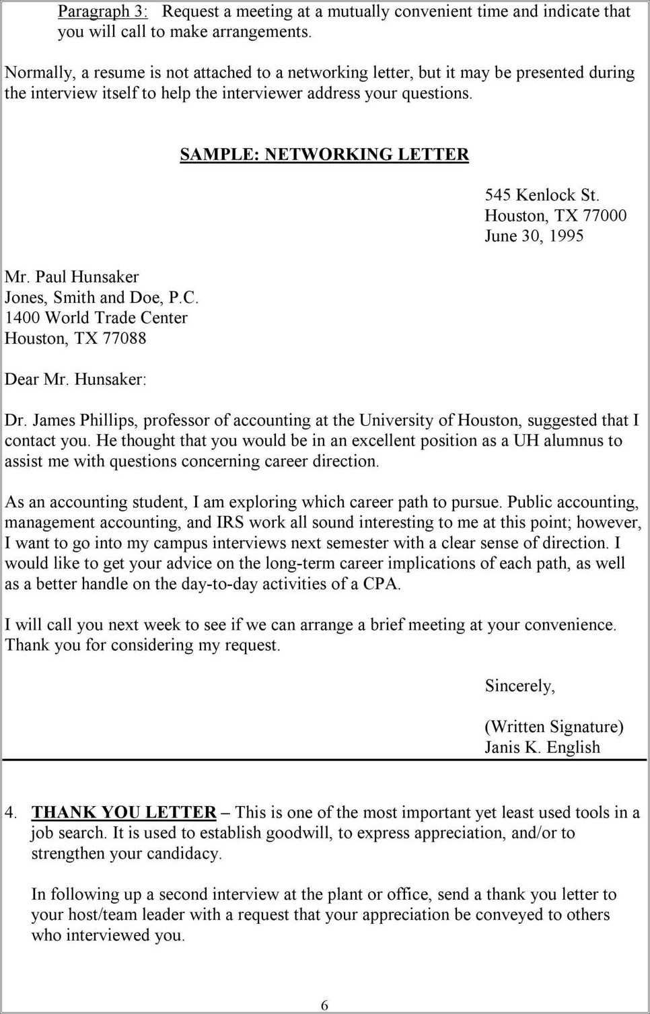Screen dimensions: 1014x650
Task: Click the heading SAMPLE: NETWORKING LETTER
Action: coord(324,154)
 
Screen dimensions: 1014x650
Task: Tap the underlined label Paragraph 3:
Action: coord(102,11)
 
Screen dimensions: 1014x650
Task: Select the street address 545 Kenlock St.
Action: coord(542,195)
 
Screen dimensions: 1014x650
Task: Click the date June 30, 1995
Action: coord(534,236)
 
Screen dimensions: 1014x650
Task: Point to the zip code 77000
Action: coord(604,216)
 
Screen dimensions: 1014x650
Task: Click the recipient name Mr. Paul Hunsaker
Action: coord(71,277)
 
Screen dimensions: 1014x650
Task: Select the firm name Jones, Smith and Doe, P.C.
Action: coord(102,297)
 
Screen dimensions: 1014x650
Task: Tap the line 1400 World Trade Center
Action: coord(96,318)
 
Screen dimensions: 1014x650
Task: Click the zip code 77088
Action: coord(124,338)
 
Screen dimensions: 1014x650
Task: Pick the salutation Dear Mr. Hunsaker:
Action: coord(75,379)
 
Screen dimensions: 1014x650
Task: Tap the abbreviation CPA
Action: coord(381,584)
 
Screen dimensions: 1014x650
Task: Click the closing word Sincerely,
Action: coord(519,686)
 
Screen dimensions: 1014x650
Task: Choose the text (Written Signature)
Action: coord(554,727)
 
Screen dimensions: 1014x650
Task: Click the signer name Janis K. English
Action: coord(542,748)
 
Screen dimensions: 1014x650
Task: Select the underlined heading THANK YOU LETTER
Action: coord(124,813)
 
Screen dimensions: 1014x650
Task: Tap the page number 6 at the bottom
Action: coord(324,1005)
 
